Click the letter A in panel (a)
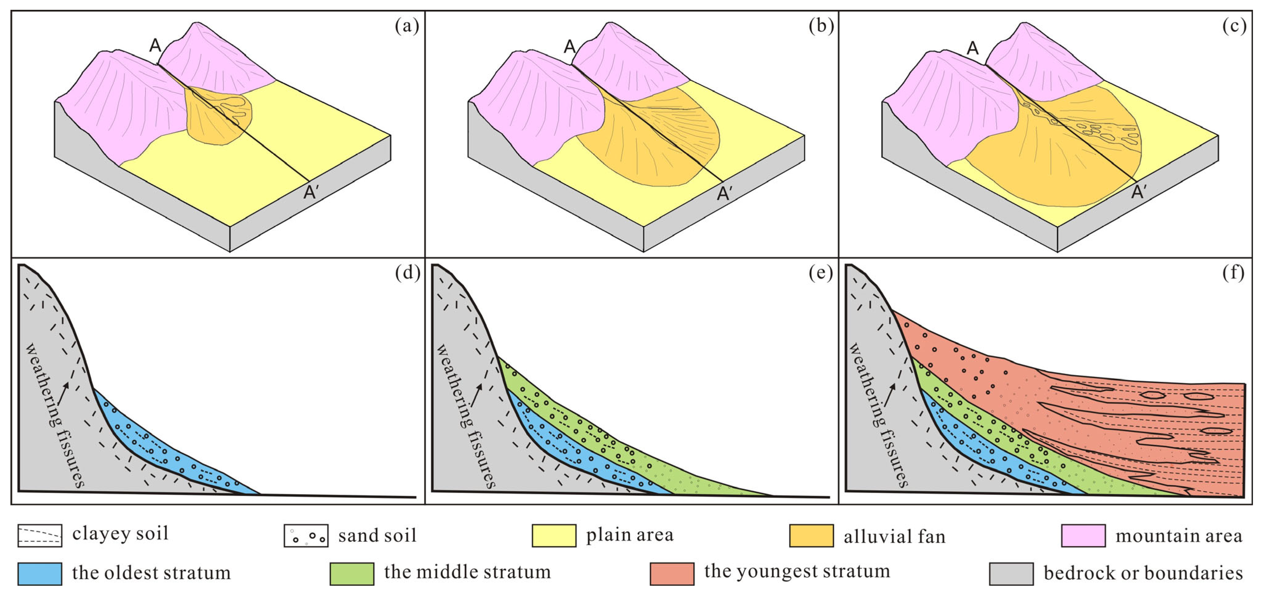(155, 46)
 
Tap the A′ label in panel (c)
(1138, 192)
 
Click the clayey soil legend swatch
(40, 535)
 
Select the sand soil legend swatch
(306, 536)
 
